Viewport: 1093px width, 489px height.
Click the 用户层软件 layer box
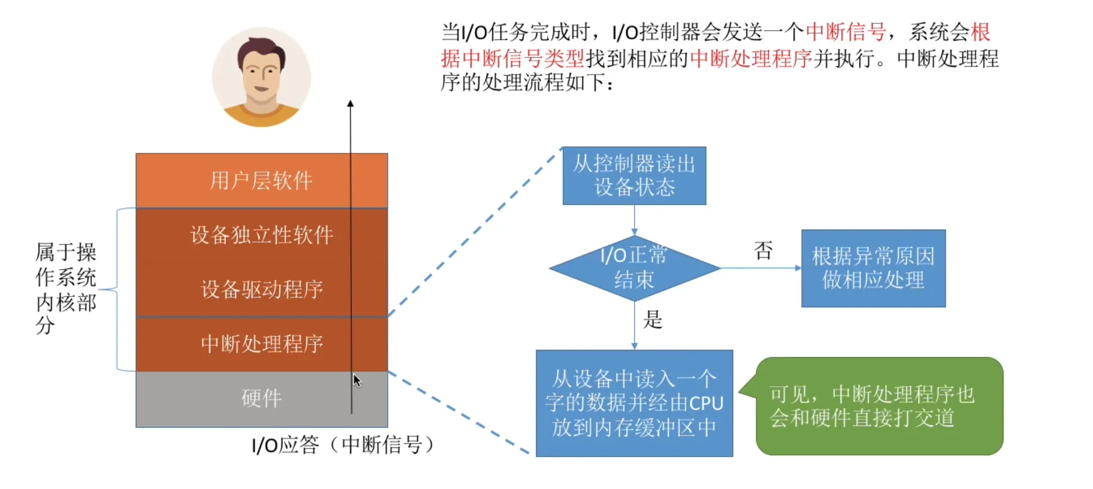[261, 180]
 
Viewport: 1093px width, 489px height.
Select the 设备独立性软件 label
[261, 235]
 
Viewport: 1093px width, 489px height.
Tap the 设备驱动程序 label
[261, 289]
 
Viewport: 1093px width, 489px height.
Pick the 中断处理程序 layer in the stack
[261, 344]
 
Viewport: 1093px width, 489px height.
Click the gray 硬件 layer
[261, 398]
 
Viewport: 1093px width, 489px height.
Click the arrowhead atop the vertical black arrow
[350, 103]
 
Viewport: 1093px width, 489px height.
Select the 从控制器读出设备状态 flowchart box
[634, 176]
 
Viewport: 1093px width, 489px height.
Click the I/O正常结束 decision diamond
[634, 268]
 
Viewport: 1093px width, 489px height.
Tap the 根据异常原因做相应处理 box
[873, 268]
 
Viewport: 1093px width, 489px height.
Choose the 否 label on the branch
[763, 250]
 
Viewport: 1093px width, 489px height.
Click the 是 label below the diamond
[653, 319]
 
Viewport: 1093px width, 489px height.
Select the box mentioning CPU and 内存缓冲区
[634, 403]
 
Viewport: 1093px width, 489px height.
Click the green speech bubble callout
[878, 406]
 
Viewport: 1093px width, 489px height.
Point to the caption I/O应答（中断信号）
[343, 444]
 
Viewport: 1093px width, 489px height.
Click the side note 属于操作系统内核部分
[65, 288]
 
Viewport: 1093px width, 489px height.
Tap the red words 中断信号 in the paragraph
[845, 32]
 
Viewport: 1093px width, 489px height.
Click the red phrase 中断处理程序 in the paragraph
[751, 58]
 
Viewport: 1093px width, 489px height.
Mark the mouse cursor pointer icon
[357, 380]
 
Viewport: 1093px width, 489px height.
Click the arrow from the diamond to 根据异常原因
[760, 268]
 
